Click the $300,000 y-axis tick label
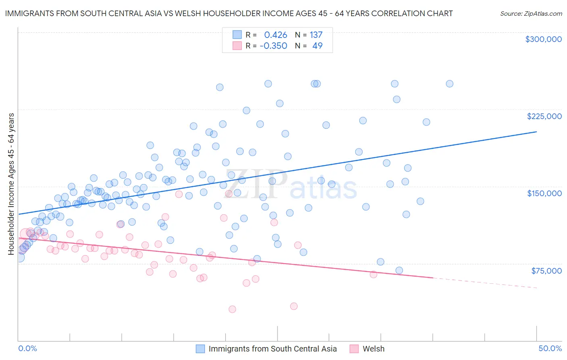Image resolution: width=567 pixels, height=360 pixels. pos(543,39)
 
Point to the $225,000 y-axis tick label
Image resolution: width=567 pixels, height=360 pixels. pos(544,116)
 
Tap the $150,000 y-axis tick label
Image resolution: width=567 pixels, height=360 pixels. pos(544,193)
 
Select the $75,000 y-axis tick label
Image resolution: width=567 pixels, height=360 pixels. pos(546,271)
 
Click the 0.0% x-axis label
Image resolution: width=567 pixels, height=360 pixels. pos(27,348)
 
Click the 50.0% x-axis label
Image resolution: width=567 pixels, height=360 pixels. pos(550,348)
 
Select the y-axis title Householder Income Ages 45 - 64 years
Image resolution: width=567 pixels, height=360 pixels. pos(11,184)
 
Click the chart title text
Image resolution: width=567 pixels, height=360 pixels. pos(229,13)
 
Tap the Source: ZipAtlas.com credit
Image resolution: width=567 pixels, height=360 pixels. pos(531,14)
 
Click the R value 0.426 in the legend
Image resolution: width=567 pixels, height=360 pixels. pos(275,35)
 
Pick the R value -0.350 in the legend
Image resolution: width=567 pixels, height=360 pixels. pos(273,46)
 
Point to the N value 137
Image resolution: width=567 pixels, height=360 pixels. pos(316,35)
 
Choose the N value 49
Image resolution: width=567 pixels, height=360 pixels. pos(317,46)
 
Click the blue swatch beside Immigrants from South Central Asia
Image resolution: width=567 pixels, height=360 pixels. pos(200,349)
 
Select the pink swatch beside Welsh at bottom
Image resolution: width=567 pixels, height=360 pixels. pos(354,349)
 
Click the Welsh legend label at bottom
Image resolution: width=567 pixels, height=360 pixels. pos(373,349)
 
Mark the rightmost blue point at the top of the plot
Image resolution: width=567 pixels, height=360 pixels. pos(449,84)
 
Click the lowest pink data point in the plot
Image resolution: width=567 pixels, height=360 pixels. pos(232,309)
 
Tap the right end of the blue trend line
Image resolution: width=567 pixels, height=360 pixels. pos(536,132)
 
